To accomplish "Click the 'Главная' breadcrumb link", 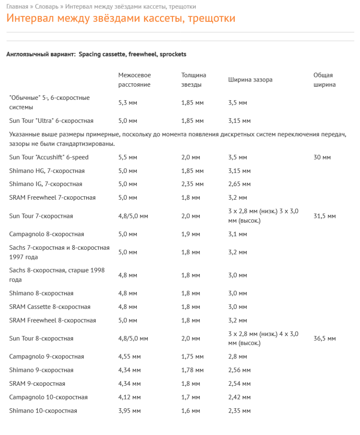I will coord(17,7).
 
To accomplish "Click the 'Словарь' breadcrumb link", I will coord(47,7).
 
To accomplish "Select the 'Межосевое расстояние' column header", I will coord(135,80).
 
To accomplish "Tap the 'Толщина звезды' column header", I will coord(194,80).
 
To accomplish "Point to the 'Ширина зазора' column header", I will coord(250,80).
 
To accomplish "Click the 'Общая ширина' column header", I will coord(324,80).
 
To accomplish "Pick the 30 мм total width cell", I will coord(322,158).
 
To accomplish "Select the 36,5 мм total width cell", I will coord(324,339).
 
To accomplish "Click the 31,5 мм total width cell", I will coord(324,216).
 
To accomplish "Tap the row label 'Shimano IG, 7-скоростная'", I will coord(46,184).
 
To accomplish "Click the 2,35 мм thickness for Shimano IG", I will coord(192,184).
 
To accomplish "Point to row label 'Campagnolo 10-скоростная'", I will coord(48,397).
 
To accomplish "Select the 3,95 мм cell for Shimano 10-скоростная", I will coord(129,411).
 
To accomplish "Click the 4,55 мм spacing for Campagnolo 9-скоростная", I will coord(129,356).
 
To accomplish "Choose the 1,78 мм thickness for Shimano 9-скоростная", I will coord(192,370).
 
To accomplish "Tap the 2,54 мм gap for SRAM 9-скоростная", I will coord(239,384).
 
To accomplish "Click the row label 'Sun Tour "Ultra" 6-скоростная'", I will coord(51,121).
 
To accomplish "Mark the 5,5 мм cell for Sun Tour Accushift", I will coord(127,158).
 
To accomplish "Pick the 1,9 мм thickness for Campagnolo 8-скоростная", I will coord(191,234).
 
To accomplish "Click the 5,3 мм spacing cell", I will coord(127,103).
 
